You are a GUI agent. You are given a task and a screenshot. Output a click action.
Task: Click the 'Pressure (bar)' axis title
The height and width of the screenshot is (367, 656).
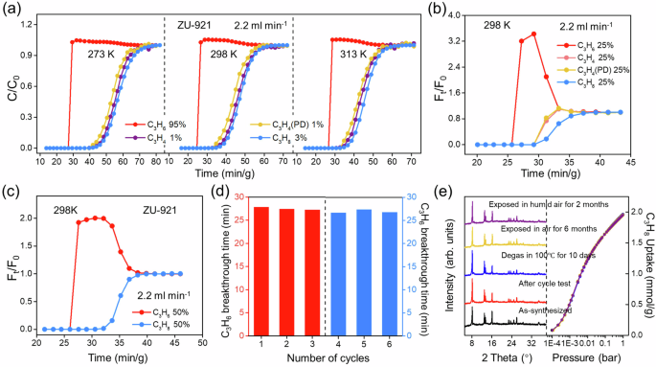[585, 359]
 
